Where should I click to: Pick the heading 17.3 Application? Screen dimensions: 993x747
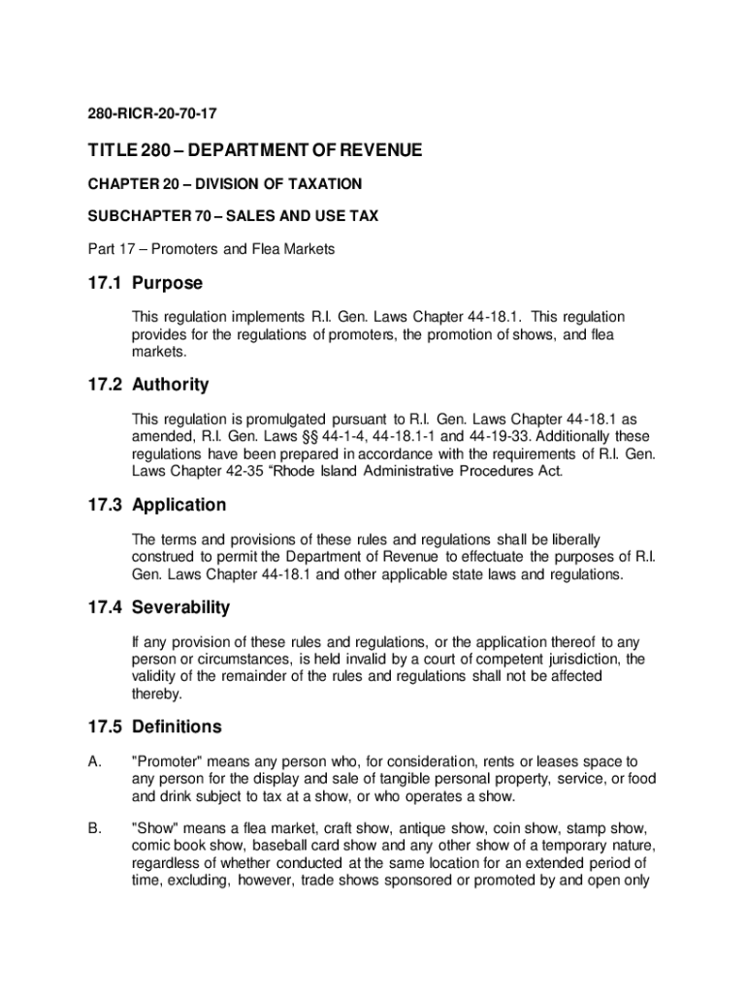click(151, 505)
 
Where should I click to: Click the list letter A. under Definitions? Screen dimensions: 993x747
click(95, 762)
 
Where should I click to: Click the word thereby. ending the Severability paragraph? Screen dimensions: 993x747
click(156, 694)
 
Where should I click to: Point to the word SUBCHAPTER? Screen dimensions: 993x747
click(119, 216)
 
